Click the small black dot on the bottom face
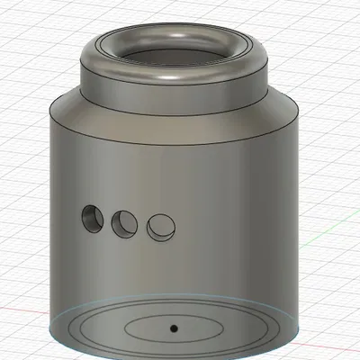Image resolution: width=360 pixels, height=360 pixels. [x=175, y=325]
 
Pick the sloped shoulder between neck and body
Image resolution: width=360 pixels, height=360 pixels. [x=175, y=115]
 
